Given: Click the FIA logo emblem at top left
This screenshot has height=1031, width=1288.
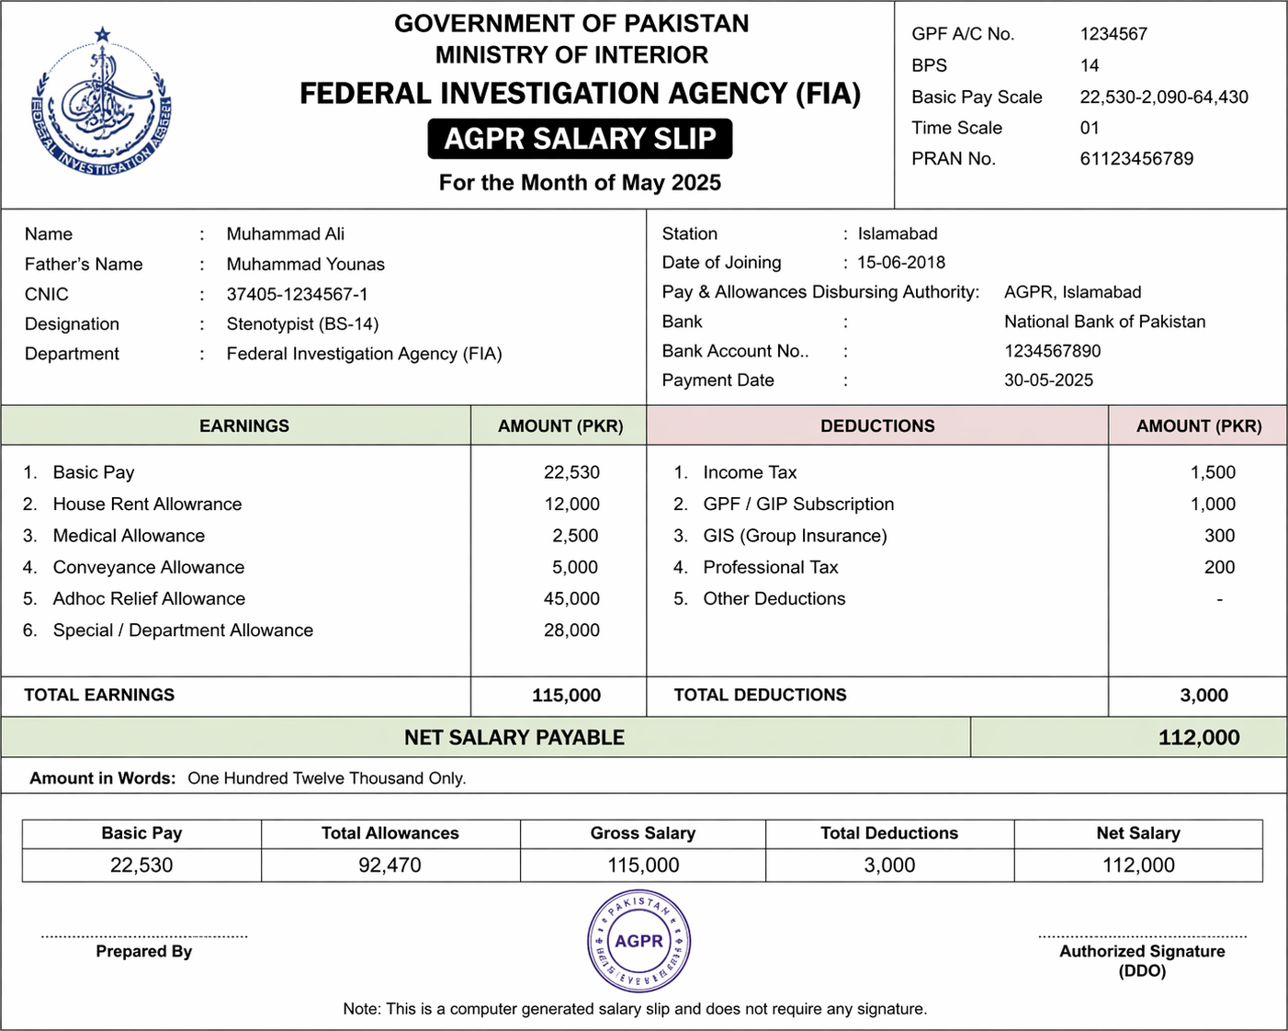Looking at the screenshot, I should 102,106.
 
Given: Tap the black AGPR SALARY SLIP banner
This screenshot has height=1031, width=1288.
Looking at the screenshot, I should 580,139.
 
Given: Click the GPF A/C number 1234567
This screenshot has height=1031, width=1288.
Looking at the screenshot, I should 1113,34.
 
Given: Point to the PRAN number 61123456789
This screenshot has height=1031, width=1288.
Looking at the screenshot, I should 1136,159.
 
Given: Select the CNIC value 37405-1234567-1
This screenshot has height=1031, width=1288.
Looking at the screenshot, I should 297,294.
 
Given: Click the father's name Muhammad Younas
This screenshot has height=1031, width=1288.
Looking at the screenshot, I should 305,265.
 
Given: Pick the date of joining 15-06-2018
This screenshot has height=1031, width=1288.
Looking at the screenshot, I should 901,263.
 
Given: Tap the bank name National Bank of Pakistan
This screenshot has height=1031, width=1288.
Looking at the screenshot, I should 1104,322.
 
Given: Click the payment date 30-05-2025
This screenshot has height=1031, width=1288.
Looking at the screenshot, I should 1048,380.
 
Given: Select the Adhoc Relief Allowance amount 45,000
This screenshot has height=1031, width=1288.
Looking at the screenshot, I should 571,599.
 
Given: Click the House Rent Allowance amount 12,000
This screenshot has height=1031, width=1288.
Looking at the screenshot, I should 571,504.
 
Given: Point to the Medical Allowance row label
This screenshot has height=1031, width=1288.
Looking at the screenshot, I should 129,536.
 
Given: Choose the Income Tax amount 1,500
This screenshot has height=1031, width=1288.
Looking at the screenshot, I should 1213,472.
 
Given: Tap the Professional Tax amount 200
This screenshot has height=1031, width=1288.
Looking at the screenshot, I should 1219,568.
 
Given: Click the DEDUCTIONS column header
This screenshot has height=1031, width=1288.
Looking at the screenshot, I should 877,426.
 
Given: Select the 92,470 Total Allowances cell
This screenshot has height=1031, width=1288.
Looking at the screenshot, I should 390,866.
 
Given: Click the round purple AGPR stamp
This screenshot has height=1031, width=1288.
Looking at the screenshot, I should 638,941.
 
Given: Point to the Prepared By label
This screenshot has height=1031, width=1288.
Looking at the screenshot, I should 144,952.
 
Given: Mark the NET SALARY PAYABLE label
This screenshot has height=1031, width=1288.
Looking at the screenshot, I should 514,738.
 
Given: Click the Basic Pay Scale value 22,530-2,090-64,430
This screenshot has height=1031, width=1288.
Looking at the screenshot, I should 1163,97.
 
